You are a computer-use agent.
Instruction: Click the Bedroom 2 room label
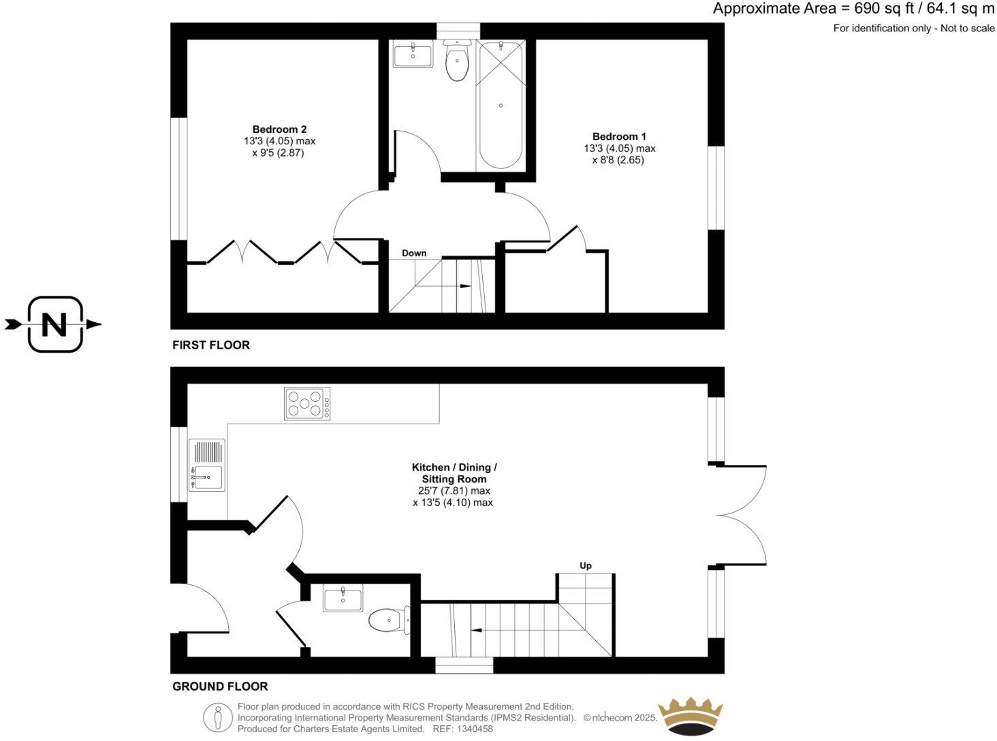[x=279, y=129]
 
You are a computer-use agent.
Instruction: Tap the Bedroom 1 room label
[x=619, y=136]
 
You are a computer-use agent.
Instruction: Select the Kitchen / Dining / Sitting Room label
[x=454, y=473]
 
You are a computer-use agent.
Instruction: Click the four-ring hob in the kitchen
[x=307, y=403]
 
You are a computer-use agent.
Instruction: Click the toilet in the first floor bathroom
[x=456, y=63]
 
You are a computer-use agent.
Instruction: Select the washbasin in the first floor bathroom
[x=413, y=55]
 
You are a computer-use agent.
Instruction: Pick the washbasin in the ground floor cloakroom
[x=343, y=599]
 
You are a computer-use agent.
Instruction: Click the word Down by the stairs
[x=414, y=253]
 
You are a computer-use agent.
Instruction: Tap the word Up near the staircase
[x=586, y=565]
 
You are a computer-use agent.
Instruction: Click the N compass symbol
[x=54, y=324]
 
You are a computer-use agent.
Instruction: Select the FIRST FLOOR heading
[x=211, y=345]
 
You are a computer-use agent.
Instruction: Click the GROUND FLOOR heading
[x=220, y=687]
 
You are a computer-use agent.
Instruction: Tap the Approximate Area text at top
[x=854, y=9]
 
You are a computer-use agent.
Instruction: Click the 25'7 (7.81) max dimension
[x=454, y=490]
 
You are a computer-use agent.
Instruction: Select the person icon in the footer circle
[x=218, y=717]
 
